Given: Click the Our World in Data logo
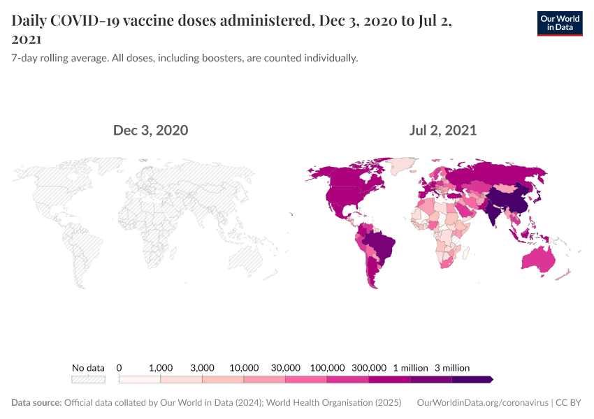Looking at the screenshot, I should pyautogui.click(x=560, y=23).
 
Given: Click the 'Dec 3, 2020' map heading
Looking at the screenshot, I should pyautogui.click(x=150, y=130).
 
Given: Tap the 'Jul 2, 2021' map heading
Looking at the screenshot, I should pyautogui.click(x=443, y=130).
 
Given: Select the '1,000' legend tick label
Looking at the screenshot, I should pyautogui.click(x=161, y=367).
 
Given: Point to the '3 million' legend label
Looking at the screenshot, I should pyautogui.click(x=452, y=367).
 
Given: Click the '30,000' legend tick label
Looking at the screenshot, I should pyautogui.click(x=286, y=367).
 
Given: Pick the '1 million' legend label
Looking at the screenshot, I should pyautogui.click(x=411, y=367).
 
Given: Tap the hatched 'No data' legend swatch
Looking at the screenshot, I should pyautogui.click(x=89, y=379).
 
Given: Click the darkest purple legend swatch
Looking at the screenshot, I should pyautogui.click(x=472, y=379).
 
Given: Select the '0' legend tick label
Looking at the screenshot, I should pyautogui.click(x=119, y=367).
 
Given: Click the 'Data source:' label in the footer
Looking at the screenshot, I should pyautogui.click(x=36, y=403).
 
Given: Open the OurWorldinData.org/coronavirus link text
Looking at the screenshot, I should pyautogui.click(x=481, y=403).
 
